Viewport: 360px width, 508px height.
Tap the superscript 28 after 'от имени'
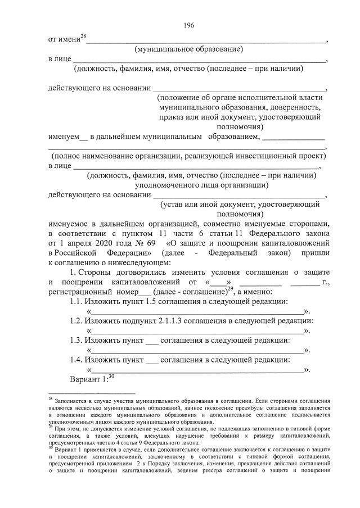(x=83, y=37)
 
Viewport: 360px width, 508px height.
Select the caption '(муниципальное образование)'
(x=188, y=49)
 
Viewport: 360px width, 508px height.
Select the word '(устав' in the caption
(x=172, y=205)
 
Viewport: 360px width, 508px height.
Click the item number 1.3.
(x=76, y=340)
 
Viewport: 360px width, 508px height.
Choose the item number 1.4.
(x=76, y=360)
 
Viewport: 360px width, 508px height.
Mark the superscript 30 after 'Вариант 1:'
(x=111, y=376)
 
